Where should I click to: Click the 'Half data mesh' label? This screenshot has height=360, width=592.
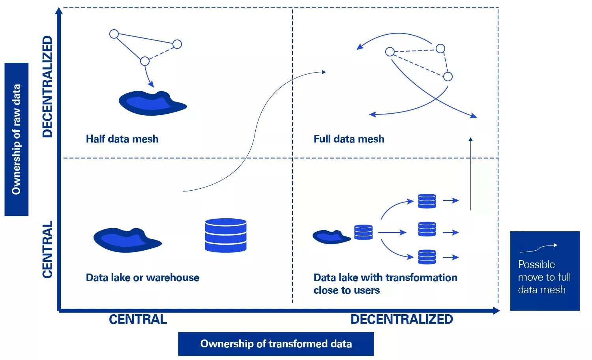coord(122,139)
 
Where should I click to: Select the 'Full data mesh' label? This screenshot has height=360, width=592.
coord(349,139)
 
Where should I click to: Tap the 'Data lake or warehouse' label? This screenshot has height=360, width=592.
coord(142,277)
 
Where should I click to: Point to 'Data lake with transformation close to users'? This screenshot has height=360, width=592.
coord(385,284)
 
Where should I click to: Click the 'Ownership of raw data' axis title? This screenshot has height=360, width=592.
coord(16,139)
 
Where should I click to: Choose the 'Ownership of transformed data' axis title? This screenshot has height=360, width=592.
coord(276,344)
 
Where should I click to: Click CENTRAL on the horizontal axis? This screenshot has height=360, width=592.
coord(138,319)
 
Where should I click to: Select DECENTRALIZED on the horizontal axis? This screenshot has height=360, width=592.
coord(401,319)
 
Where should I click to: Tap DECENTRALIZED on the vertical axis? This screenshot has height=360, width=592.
coord(47,86)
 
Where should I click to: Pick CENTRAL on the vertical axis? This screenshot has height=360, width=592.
coord(47,249)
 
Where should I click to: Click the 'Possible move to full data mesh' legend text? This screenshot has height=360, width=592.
coord(544,277)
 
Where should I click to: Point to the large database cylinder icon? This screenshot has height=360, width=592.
coord(226,235)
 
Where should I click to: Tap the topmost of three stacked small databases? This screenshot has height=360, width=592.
coord(427,201)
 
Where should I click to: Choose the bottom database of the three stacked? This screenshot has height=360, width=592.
coord(427,257)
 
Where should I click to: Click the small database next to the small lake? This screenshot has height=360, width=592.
coord(363,232)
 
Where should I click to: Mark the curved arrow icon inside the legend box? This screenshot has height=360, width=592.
coord(538,248)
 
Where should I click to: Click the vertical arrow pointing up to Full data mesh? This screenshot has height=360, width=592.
coord(470,174)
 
